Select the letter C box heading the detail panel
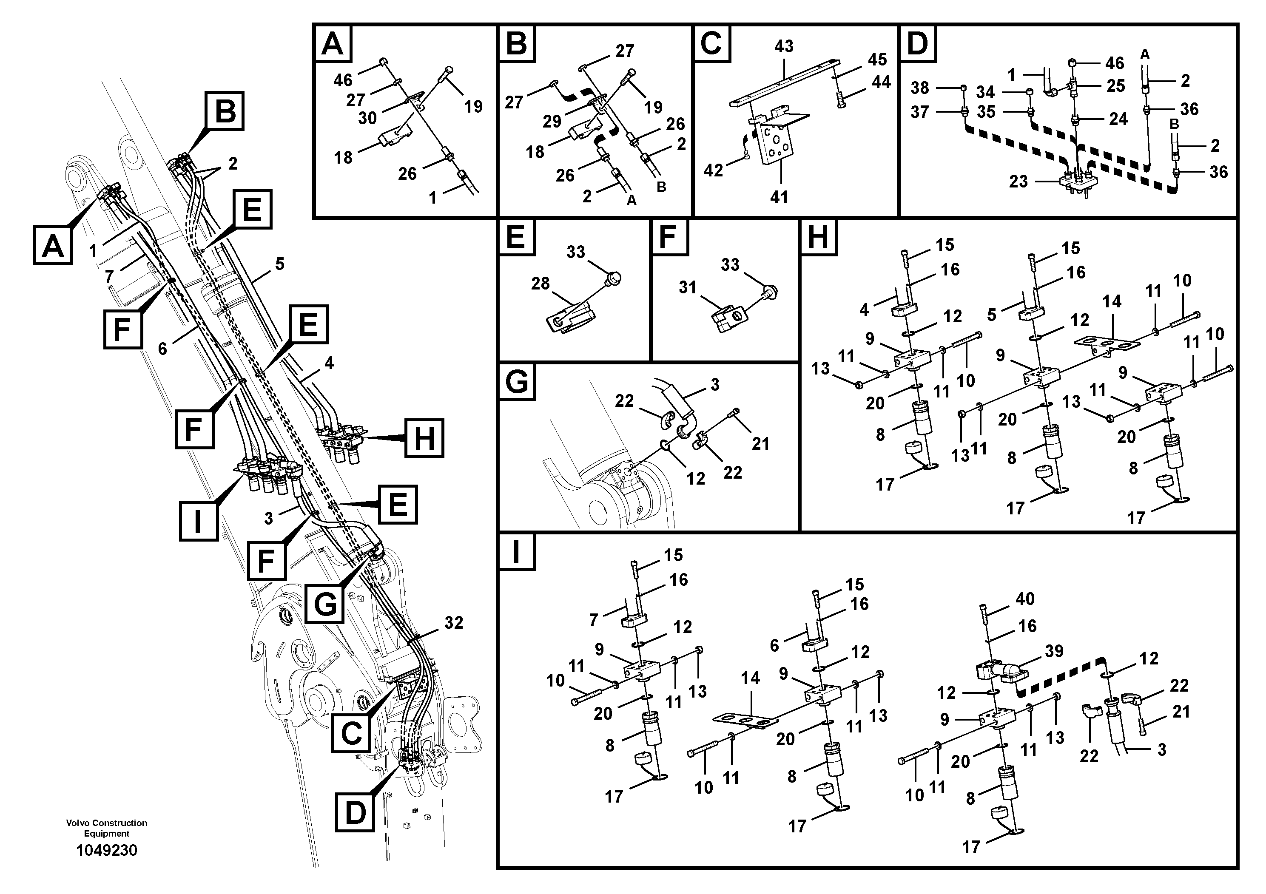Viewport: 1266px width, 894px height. click(x=711, y=43)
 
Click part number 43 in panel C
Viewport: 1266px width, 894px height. click(x=783, y=46)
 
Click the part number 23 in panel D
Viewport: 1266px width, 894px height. click(x=1018, y=182)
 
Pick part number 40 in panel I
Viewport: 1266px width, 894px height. click(x=1025, y=599)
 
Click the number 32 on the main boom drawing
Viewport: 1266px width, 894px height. click(x=454, y=623)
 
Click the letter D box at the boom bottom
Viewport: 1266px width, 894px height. click(x=355, y=812)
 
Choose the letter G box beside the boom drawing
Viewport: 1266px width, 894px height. click(x=325, y=604)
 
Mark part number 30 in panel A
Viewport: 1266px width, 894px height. click(x=367, y=117)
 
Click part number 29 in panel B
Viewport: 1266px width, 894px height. click(x=552, y=121)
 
